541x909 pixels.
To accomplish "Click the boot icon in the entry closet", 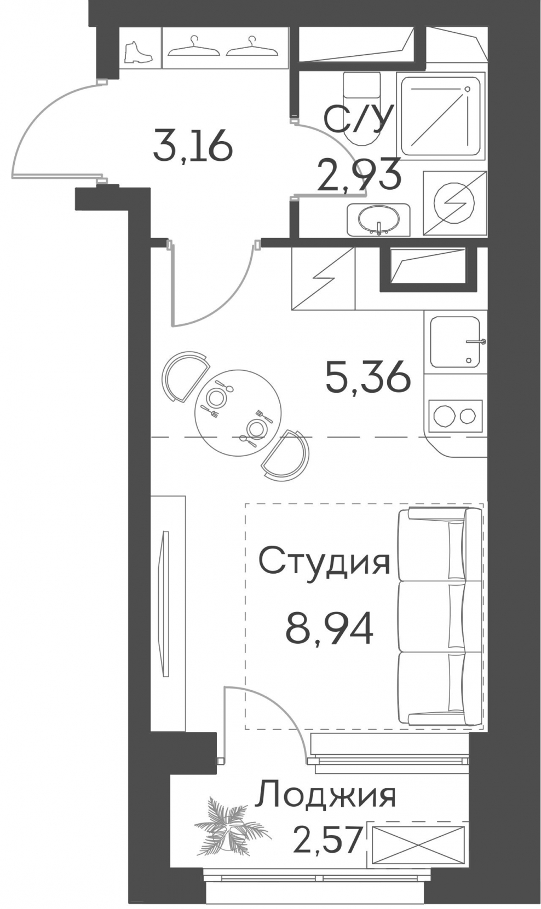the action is [138, 52].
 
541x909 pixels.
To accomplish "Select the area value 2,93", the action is [359, 175].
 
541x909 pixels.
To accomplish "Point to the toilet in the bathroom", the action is [361, 109].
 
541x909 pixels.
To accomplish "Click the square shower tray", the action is [441, 115].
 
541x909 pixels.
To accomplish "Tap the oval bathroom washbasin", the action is [378, 219].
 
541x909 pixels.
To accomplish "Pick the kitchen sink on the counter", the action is [455, 342].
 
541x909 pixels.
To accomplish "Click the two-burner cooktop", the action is [455, 415].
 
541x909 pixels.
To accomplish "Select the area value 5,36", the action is [368, 377].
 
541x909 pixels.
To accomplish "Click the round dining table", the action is [238, 413].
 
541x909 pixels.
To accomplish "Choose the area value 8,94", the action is [329, 628].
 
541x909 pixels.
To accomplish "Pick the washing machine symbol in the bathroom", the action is [454, 203].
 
